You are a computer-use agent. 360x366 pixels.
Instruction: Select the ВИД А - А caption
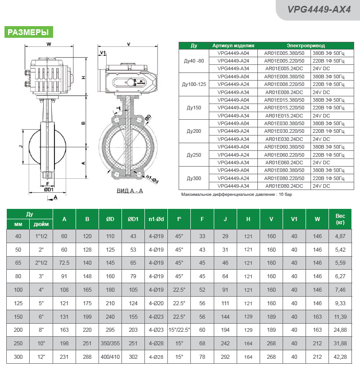coord(130,191)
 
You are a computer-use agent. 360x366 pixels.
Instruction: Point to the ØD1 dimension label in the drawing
coord(49,190)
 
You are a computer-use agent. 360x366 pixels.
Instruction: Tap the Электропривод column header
coord(306,45)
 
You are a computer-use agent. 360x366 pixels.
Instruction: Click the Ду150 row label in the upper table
coord(193,108)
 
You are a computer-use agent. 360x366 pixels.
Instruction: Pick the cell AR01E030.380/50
coord(284,123)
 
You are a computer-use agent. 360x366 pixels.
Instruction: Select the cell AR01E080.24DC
coord(284,186)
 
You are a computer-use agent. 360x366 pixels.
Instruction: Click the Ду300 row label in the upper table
coord(193,178)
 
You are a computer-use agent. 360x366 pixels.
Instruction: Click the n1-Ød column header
coord(156,219)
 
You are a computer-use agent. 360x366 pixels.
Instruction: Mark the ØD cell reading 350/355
coord(110,343)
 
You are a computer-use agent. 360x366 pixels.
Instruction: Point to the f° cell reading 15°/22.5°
coord(179,330)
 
